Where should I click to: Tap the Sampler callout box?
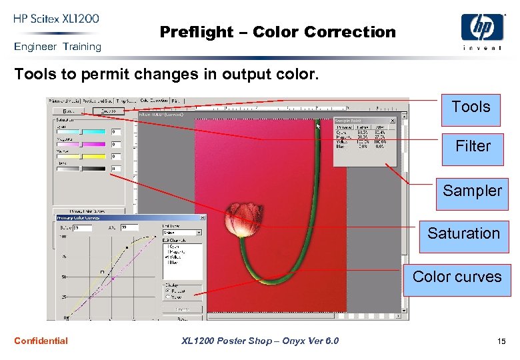[x=472, y=191]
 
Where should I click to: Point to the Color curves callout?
[x=457, y=277]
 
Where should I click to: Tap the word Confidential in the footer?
[x=41, y=341]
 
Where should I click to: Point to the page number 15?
[x=501, y=342]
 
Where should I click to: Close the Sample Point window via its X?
[x=392, y=121]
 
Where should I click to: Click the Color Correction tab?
[x=153, y=101]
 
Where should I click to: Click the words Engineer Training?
[x=57, y=47]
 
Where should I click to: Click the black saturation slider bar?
[x=81, y=169]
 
